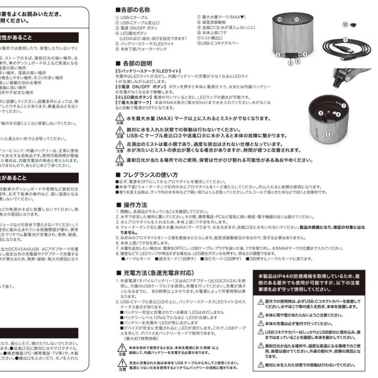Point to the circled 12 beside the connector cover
coord(345,24)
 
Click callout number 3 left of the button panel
coord(278,55)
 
